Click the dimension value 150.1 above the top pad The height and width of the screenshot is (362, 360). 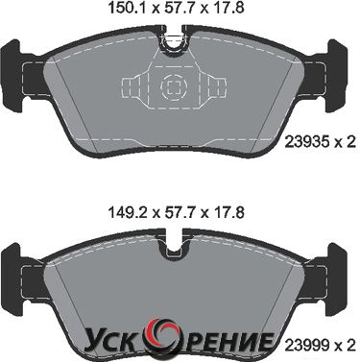click(128, 9)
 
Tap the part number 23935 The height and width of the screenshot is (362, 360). click(306, 142)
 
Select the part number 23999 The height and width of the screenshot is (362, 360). click(306, 345)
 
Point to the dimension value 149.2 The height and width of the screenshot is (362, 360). click(128, 212)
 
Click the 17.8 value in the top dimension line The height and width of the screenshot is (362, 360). click(228, 9)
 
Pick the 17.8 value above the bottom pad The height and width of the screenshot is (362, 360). click(228, 212)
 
